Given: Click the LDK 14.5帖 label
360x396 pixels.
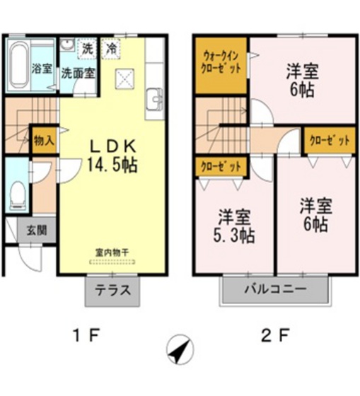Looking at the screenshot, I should (112, 156).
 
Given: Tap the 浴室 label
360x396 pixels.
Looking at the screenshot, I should (42, 69).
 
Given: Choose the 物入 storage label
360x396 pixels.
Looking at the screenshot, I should (44, 140).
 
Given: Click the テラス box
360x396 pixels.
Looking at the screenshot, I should (112, 291).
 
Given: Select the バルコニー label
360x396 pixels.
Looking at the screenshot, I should (276, 290).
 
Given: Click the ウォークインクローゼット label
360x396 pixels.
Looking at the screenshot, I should (221, 64).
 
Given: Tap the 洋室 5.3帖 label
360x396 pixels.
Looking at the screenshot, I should (233, 224).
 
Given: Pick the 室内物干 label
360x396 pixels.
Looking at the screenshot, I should (112, 252).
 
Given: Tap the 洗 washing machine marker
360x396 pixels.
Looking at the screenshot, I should (88, 49).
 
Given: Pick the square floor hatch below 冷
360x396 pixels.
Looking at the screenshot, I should (125, 76).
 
